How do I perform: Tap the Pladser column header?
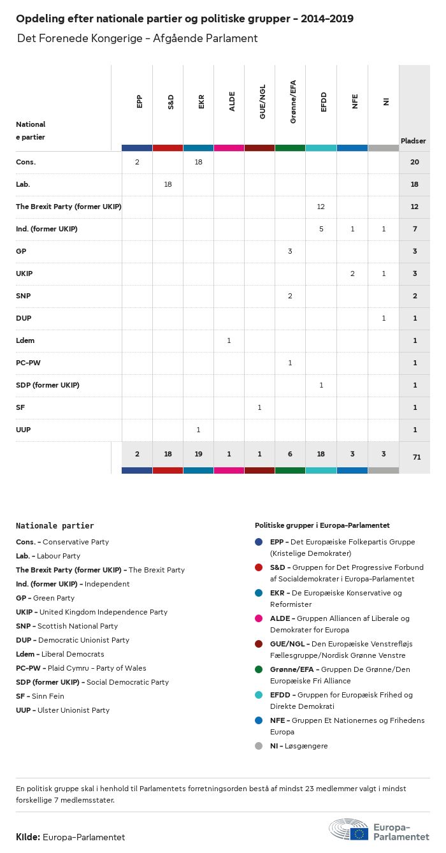point(414,141)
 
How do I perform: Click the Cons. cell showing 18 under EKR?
point(198,163)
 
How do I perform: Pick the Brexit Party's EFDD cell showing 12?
point(321,207)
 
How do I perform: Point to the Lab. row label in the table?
point(23,185)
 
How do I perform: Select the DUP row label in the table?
point(24,318)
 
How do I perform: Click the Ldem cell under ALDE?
point(229,340)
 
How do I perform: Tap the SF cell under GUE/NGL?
point(259,407)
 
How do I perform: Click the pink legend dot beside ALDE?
point(258,618)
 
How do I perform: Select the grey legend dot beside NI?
point(258,746)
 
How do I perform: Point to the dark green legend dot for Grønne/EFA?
point(258,669)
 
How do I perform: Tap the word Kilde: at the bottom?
point(28,837)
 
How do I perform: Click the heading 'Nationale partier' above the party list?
point(55,526)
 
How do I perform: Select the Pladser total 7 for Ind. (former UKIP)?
point(414,229)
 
